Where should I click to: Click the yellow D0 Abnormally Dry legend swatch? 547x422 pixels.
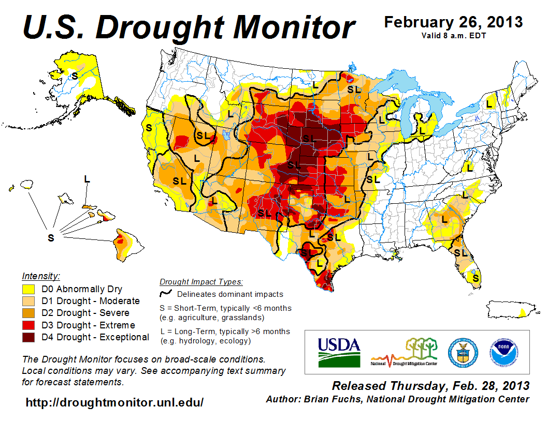coord(29,289)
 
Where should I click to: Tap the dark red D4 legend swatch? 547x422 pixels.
coord(29,337)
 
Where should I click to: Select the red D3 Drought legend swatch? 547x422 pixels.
coord(29,325)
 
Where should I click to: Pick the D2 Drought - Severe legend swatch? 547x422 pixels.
coord(29,313)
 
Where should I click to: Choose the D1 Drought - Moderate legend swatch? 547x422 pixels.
coord(29,301)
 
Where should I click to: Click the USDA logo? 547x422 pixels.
coord(338,352)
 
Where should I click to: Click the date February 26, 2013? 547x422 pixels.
coord(453,23)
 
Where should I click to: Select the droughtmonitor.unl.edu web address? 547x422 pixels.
coord(114,402)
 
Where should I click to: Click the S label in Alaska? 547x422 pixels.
coord(75,76)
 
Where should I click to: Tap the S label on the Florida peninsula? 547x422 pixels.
coord(476,278)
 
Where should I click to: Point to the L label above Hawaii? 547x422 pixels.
coord(87,179)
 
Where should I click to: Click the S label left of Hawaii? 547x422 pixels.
coord(51,238)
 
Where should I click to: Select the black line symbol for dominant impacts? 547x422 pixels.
coord(166,294)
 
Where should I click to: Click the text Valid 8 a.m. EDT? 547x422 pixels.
coord(453,35)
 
